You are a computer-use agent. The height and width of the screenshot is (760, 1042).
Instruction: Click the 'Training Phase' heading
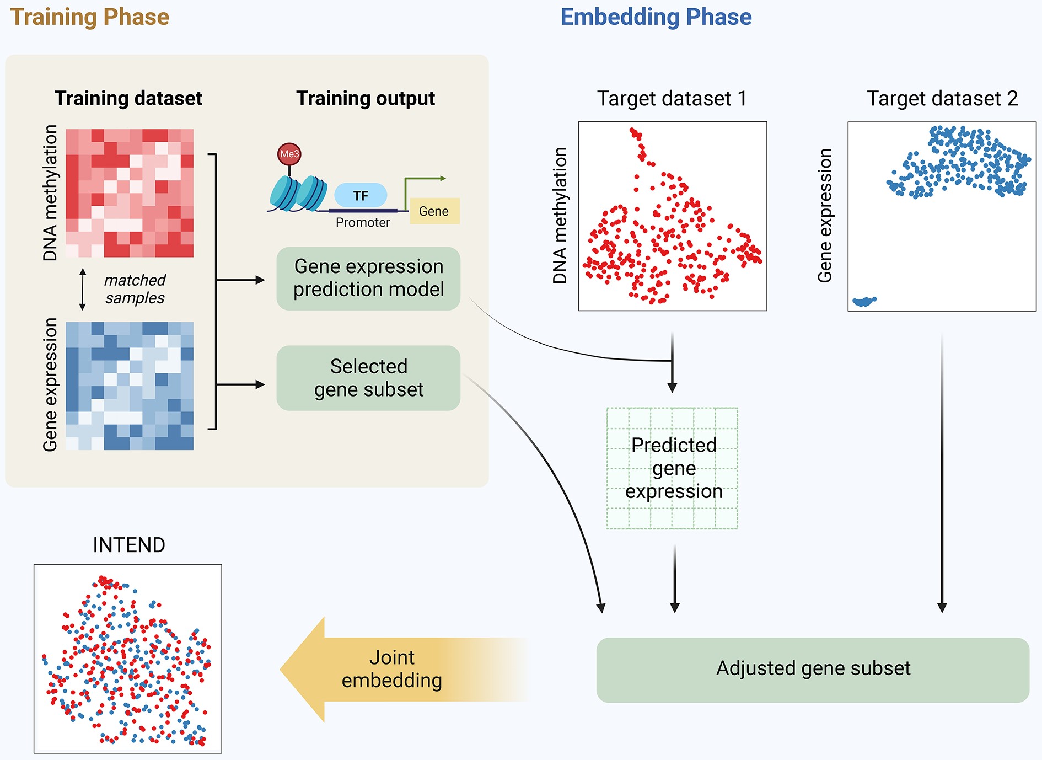pos(90,18)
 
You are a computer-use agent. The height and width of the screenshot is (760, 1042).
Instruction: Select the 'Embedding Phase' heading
pos(656,18)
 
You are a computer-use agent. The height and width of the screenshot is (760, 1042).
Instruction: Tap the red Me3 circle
pos(289,154)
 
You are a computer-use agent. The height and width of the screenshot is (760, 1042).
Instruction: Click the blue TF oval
pos(361,196)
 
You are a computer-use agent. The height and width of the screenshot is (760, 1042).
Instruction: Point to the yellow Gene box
pos(434,211)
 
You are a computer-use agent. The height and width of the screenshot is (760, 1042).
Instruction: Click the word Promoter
pos(363,222)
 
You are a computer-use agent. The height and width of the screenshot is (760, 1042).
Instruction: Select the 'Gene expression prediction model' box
pos(368,279)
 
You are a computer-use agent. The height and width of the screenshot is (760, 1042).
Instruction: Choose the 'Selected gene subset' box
pos(368,378)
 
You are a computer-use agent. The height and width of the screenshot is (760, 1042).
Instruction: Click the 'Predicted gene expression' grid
pos(672,468)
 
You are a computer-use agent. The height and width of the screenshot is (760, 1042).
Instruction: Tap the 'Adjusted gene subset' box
pos(813,670)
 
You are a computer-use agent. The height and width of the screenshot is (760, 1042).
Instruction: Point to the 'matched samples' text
pos(135,289)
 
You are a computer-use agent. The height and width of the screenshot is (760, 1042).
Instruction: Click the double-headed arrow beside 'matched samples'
pos(83,290)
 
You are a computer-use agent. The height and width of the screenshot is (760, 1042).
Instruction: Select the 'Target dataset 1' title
pos(672,99)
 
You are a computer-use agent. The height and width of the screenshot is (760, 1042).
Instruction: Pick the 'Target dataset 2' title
pos(942,99)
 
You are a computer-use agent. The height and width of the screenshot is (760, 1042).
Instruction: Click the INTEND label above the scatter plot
pos(129,545)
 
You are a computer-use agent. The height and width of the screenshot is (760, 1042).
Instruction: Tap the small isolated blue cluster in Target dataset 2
pos(864,301)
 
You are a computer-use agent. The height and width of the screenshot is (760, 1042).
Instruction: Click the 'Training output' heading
pos(366,99)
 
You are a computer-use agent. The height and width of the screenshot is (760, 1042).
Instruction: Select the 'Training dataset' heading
pos(128,99)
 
